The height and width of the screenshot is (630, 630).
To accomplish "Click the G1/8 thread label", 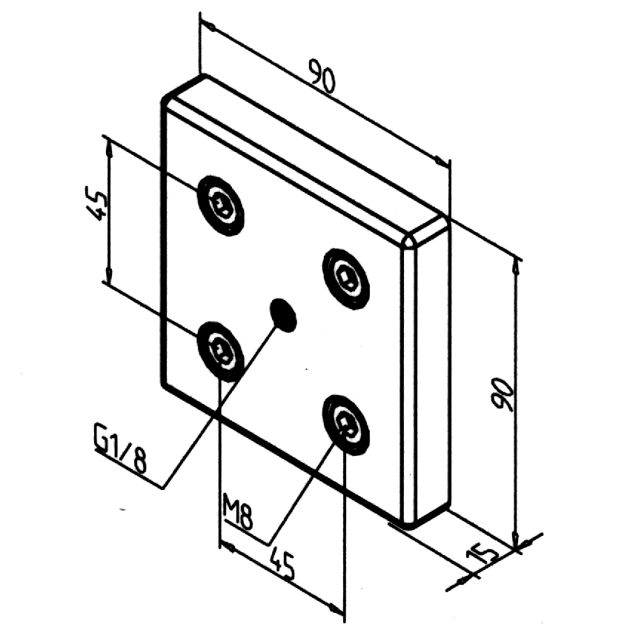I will click(119, 448).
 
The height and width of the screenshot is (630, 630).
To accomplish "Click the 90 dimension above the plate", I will click(322, 78).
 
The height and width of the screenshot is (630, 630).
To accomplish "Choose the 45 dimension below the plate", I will click(281, 565).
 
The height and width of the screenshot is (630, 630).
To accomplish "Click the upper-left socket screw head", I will click(220, 205).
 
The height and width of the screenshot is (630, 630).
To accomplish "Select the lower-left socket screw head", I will click(220, 350).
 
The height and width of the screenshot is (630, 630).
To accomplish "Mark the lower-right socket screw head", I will click(346, 423).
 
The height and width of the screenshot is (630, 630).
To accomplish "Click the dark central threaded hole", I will click(283, 314).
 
